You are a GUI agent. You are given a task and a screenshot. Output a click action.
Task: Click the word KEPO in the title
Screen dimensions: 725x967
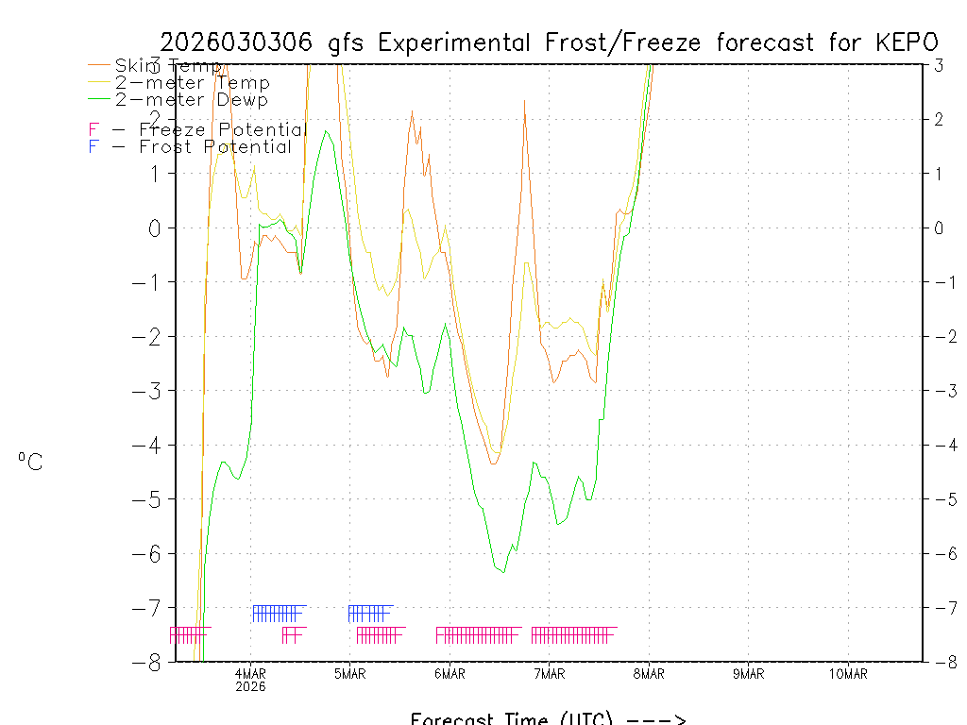909,42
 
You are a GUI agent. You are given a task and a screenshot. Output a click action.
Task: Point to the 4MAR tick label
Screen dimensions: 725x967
250,674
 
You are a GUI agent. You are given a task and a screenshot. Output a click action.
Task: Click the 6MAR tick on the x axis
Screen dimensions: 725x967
450,674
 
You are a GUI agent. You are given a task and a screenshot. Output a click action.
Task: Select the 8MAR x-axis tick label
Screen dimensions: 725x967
649,674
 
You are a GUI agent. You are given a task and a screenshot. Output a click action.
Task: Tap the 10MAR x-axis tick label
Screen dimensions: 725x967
848,674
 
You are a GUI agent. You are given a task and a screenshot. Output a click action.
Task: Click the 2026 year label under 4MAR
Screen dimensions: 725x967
250,686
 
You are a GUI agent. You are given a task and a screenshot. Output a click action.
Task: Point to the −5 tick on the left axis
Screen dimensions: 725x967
150,498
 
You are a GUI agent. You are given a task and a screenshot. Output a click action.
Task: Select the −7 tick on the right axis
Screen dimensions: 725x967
937,607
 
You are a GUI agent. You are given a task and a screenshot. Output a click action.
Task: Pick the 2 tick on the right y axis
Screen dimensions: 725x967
939,119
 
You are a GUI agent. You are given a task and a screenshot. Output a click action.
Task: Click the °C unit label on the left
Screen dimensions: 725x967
30,462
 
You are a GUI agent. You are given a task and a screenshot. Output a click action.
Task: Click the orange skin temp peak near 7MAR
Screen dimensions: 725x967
524,100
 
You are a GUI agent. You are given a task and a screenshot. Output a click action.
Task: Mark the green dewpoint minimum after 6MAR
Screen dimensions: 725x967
503,572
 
